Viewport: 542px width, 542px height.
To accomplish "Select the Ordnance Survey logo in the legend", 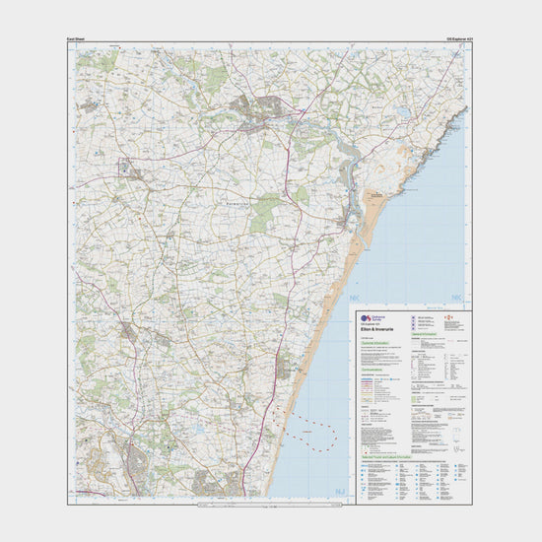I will pos(367,318).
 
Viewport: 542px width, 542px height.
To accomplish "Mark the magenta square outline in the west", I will pos(126,166).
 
